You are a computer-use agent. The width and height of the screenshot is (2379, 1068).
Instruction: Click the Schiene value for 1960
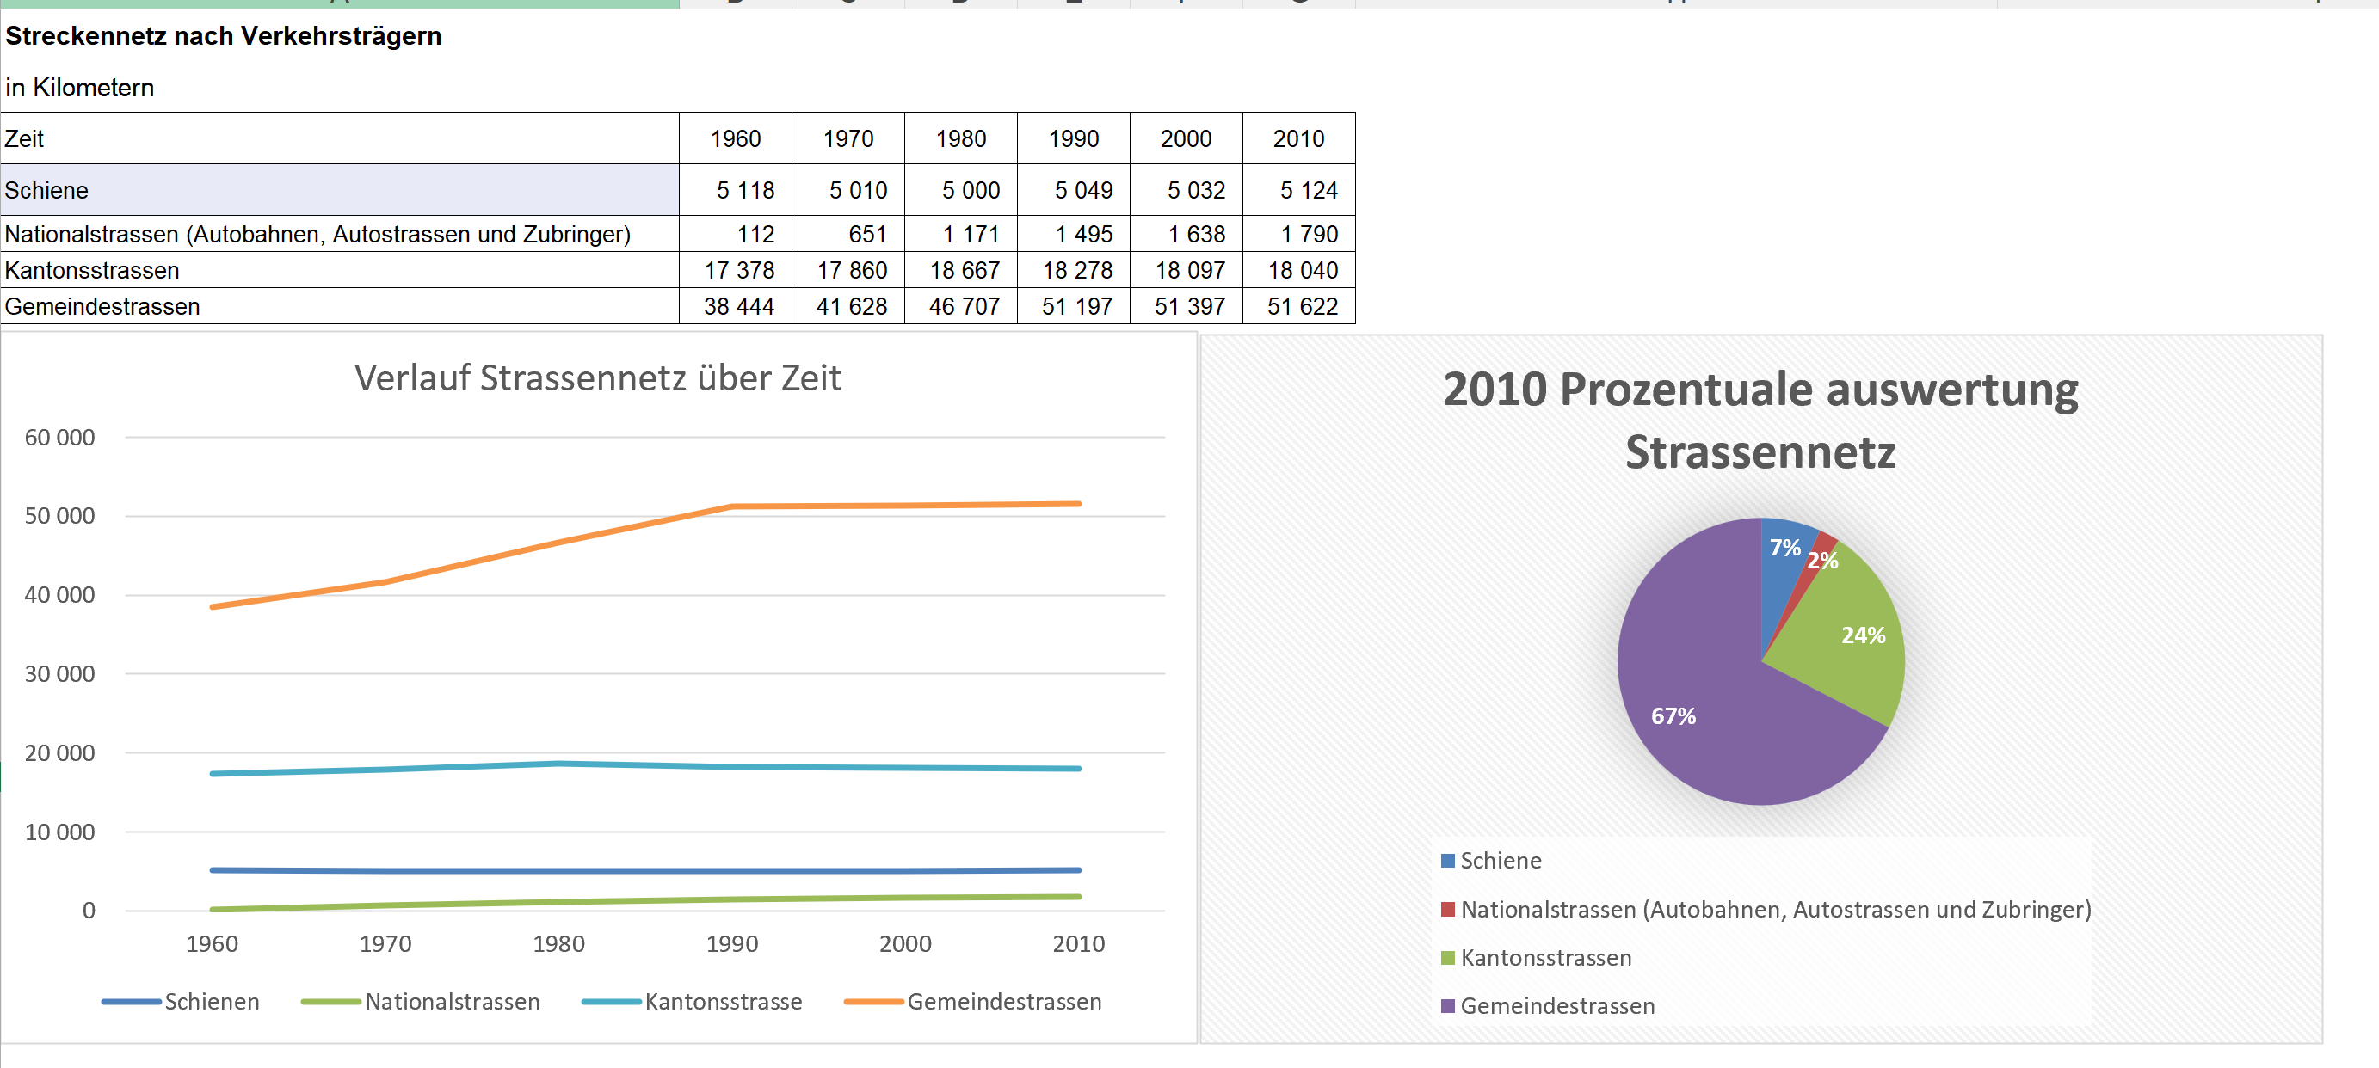744,190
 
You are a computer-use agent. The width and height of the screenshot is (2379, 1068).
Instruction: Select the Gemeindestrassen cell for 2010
1301,306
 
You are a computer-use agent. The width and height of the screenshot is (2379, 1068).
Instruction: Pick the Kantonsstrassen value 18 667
964,271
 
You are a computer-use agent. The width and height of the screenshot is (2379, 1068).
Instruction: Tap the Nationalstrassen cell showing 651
866,235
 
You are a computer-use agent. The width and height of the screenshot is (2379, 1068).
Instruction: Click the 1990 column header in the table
1073,138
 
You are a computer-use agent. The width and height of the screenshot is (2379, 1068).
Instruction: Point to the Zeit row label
25,138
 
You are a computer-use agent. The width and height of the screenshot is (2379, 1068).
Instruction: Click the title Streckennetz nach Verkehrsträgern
224,36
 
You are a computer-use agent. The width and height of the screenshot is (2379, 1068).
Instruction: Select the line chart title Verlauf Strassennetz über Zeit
597,377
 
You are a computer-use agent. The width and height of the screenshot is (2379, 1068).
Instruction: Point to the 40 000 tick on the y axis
60,594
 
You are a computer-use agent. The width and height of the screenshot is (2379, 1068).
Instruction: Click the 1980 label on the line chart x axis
558,943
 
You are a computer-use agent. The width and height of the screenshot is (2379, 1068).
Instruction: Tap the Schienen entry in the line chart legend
212,1002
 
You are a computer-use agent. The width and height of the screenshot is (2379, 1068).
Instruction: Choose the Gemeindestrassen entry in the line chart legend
1003,1002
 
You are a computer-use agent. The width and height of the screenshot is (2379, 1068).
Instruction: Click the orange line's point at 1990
732,506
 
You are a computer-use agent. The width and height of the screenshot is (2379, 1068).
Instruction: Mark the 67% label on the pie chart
1673,716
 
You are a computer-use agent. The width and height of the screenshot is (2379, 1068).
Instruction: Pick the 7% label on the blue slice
1784,548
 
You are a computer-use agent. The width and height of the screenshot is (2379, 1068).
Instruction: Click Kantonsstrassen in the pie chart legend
1545,958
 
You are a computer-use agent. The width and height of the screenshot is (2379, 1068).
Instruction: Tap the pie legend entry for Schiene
1501,860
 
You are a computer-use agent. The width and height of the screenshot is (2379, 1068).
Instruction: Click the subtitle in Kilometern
80,88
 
